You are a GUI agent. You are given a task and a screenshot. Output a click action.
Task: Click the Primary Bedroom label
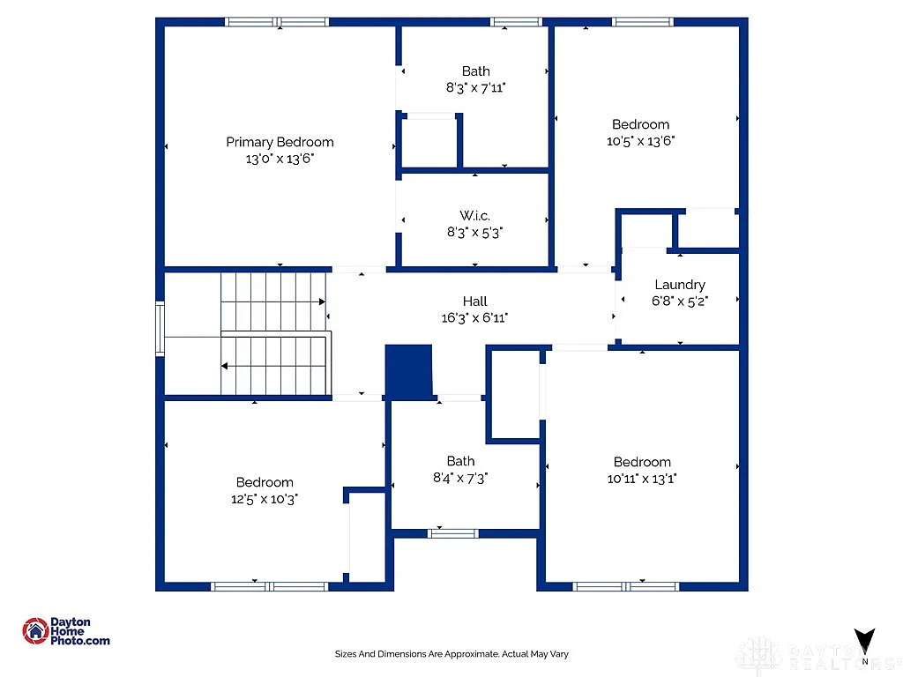(280, 142)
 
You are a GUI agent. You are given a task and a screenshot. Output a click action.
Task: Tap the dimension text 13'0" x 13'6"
(280, 159)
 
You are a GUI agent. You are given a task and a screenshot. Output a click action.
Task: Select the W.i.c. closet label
(474, 215)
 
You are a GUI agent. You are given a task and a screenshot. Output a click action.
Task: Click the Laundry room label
(679, 285)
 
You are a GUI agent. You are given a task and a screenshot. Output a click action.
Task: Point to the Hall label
(474, 301)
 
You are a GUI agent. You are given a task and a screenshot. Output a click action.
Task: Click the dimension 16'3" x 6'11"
(474, 318)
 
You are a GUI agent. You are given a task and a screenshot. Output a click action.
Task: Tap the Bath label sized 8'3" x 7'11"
(475, 71)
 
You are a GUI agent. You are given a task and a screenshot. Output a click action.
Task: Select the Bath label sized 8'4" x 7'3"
(460, 461)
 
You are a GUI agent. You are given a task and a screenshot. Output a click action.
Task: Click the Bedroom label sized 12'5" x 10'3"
(265, 482)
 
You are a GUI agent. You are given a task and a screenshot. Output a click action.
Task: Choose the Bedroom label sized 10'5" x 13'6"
(640, 124)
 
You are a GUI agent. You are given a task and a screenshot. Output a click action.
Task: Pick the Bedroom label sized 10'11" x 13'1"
(642, 462)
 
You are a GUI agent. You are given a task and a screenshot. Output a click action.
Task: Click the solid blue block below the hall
(409, 371)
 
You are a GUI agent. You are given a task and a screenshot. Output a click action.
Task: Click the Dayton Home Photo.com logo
(66, 631)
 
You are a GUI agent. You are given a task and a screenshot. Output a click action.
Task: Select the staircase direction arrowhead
(225, 365)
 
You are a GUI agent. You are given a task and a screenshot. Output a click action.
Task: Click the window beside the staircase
(160, 328)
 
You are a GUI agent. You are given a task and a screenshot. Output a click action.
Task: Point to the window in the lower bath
(453, 532)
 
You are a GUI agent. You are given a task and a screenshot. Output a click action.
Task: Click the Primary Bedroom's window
(277, 22)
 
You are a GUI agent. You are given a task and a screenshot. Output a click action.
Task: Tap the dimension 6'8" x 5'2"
(679, 301)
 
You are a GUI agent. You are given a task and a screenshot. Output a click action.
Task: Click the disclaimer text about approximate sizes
(451, 654)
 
